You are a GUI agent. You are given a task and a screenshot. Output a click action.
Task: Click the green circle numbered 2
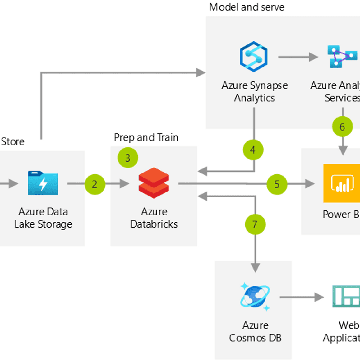[95, 184]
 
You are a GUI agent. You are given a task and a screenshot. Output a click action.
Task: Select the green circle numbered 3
[128, 158]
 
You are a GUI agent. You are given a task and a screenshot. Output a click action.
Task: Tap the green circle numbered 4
[253, 150]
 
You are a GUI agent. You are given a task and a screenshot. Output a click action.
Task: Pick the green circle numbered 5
[277, 184]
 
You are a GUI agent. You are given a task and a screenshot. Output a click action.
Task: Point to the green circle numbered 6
[342, 127]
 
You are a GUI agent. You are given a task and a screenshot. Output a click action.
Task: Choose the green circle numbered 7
[255, 224]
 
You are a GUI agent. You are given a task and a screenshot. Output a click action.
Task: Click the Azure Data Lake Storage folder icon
[43, 183]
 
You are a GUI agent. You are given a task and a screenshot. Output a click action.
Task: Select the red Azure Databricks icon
[154, 183]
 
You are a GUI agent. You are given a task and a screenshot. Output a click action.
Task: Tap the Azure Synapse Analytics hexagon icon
[254, 57]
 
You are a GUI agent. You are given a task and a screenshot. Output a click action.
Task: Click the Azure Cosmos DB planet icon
[255, 297]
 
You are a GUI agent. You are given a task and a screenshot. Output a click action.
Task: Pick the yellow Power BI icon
[342, 183]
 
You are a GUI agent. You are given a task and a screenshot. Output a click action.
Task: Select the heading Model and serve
[247, 7]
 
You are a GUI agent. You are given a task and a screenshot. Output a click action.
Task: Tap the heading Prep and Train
[146, 137]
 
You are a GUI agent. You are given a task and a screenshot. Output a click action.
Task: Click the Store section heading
[12, 142]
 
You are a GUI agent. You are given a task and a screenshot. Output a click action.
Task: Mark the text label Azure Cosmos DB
[255, 332]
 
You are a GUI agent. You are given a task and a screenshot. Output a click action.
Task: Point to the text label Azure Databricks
[154, 218]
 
